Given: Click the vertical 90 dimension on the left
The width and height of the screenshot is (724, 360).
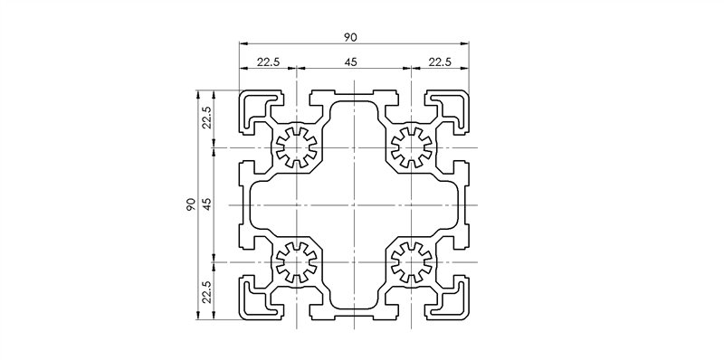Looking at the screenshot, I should (x=191, y=205).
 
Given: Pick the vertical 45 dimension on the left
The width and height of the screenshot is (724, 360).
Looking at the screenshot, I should (x=206, y=205).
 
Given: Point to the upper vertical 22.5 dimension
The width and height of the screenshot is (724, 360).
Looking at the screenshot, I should (x=206, y=118).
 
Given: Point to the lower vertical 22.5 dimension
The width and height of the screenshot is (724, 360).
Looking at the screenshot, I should (x=206, y=293).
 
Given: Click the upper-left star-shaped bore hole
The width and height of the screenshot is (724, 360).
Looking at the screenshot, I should (x=296, y=147).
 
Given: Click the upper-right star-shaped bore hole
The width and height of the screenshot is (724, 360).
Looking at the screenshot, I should (x=410, y=147).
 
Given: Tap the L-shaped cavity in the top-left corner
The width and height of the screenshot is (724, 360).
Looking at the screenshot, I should (x=254, y=106).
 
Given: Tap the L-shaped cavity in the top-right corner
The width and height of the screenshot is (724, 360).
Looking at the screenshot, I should (x=452, y=106).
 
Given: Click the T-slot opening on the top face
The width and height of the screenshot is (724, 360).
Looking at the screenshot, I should (x=353, y=93).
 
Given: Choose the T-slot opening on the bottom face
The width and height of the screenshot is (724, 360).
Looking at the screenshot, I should (x=353, y=317).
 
